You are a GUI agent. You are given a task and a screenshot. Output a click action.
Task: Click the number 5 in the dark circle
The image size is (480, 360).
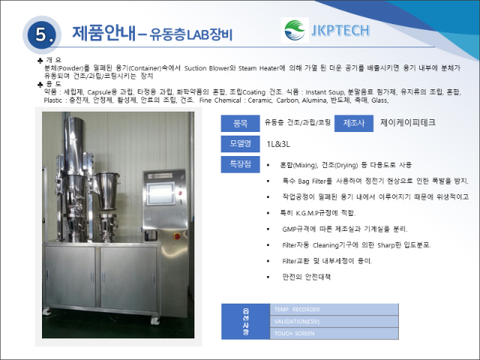pyautogui.click(x=40, y=34)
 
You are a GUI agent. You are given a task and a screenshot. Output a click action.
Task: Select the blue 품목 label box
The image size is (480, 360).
pyautogui.click(x=241, y=123)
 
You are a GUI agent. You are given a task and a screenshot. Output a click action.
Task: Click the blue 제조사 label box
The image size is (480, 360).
pyautogui.click(x=353, y=123)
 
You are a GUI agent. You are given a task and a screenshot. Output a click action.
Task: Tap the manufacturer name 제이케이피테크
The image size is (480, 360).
pyautogui.click(x=408, y=123)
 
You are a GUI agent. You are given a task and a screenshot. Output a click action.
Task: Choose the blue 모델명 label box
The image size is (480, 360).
pyautogui.click(x=241, y=143)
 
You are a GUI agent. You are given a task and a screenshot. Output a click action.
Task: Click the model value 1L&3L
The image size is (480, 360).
pyautogui.click(x=279, y=143)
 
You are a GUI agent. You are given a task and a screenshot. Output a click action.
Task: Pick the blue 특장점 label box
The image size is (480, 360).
pyautogui.click(x=241, y=163)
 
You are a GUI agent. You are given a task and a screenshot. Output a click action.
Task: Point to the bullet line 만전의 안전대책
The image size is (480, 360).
pyautogui.click(x=306, y=277)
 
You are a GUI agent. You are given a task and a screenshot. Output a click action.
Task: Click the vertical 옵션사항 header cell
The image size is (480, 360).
pyautogui.click(x=246, y=322)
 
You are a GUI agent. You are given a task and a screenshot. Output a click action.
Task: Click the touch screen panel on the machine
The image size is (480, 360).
pyautogui.click(x=166, y=192)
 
